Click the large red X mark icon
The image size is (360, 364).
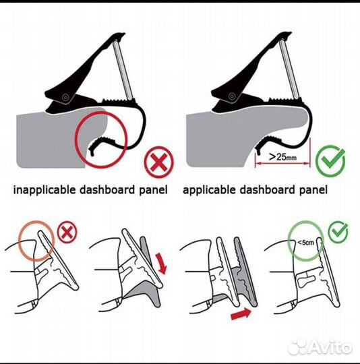pos(158,162)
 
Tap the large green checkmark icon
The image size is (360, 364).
pos(330,160)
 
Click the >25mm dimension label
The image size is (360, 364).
pos(282,156)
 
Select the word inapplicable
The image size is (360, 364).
pos(44,189)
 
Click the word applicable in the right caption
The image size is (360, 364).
pos(209,189)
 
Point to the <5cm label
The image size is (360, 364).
pos(305,243)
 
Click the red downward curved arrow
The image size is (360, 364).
pos(162,264)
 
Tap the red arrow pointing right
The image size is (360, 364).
pos(241,315)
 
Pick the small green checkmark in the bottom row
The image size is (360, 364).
pos(338,232)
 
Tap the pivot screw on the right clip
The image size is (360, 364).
pos(232,96)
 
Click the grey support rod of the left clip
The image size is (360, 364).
pos(123,69)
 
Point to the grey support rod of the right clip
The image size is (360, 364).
pos(289,69)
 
